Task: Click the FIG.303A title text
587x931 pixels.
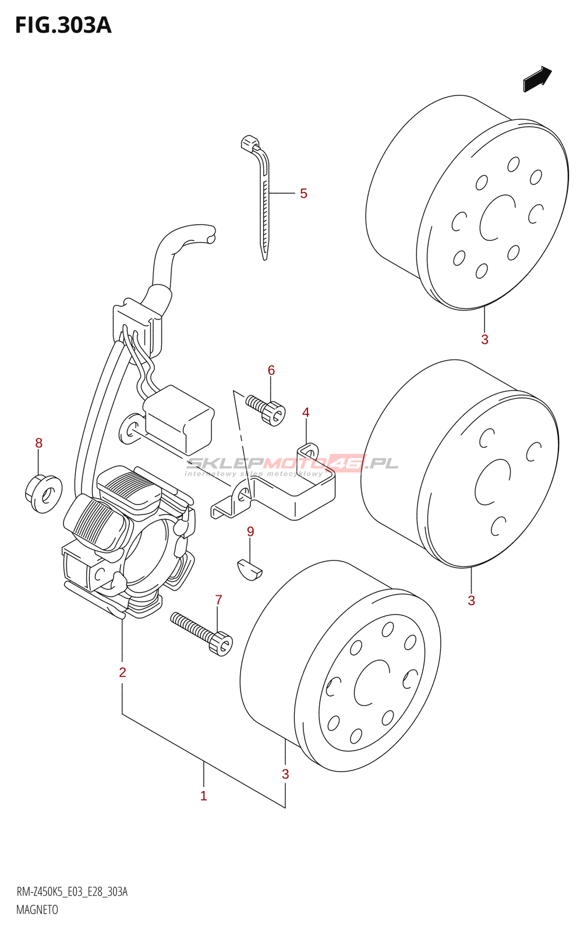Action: tap(63, 26)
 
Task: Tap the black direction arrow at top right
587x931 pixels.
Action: tap(537, 79)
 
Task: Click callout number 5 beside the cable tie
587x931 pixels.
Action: tap(303, 193)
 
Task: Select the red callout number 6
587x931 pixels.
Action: tap(271, 369)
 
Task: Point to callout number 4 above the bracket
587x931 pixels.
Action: tap(306, 413)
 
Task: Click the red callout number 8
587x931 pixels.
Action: tap(38, 443)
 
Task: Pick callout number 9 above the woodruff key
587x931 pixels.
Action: tap(250, 531)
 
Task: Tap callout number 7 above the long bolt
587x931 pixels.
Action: tap(218, 600)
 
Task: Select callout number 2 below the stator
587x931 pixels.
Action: tap(122, 672)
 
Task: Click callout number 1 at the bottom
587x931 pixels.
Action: tap(203, 796)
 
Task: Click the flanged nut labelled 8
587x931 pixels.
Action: tap(43, 493)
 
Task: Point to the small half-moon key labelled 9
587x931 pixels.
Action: tap(250, 570)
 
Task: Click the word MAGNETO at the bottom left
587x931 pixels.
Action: tap(37, 909)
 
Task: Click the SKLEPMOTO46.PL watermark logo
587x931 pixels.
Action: tap(291, 465)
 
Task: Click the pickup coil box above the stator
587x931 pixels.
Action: tap(179, 420)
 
